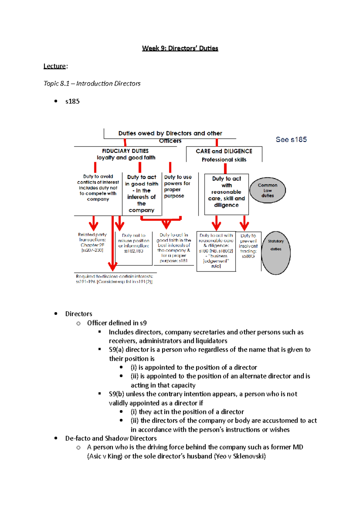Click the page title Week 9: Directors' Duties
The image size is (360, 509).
coord(180,48)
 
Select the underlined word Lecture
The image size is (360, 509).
coord(54,66)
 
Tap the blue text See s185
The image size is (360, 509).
coord(291,139)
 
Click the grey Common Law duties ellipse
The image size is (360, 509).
coord(267,190)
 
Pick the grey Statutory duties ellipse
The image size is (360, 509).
coord(276,253)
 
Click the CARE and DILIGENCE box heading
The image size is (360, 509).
coord(224,151)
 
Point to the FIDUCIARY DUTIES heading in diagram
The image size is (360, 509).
coord(125,151)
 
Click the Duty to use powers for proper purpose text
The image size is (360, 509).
coord(178,186)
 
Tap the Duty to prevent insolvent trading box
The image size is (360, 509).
coord(248,246)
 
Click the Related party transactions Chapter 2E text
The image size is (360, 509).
coord(92,242)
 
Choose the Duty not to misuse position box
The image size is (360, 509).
coord(133,243)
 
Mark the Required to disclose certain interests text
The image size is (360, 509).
coord(114,279)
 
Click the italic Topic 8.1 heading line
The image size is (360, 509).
coord(92,84)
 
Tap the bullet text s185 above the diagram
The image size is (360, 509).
coord(72,101)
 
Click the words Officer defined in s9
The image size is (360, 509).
coord(117,323)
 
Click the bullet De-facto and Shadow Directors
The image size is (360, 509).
coord(111,438)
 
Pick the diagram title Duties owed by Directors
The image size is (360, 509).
coord(170,133)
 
